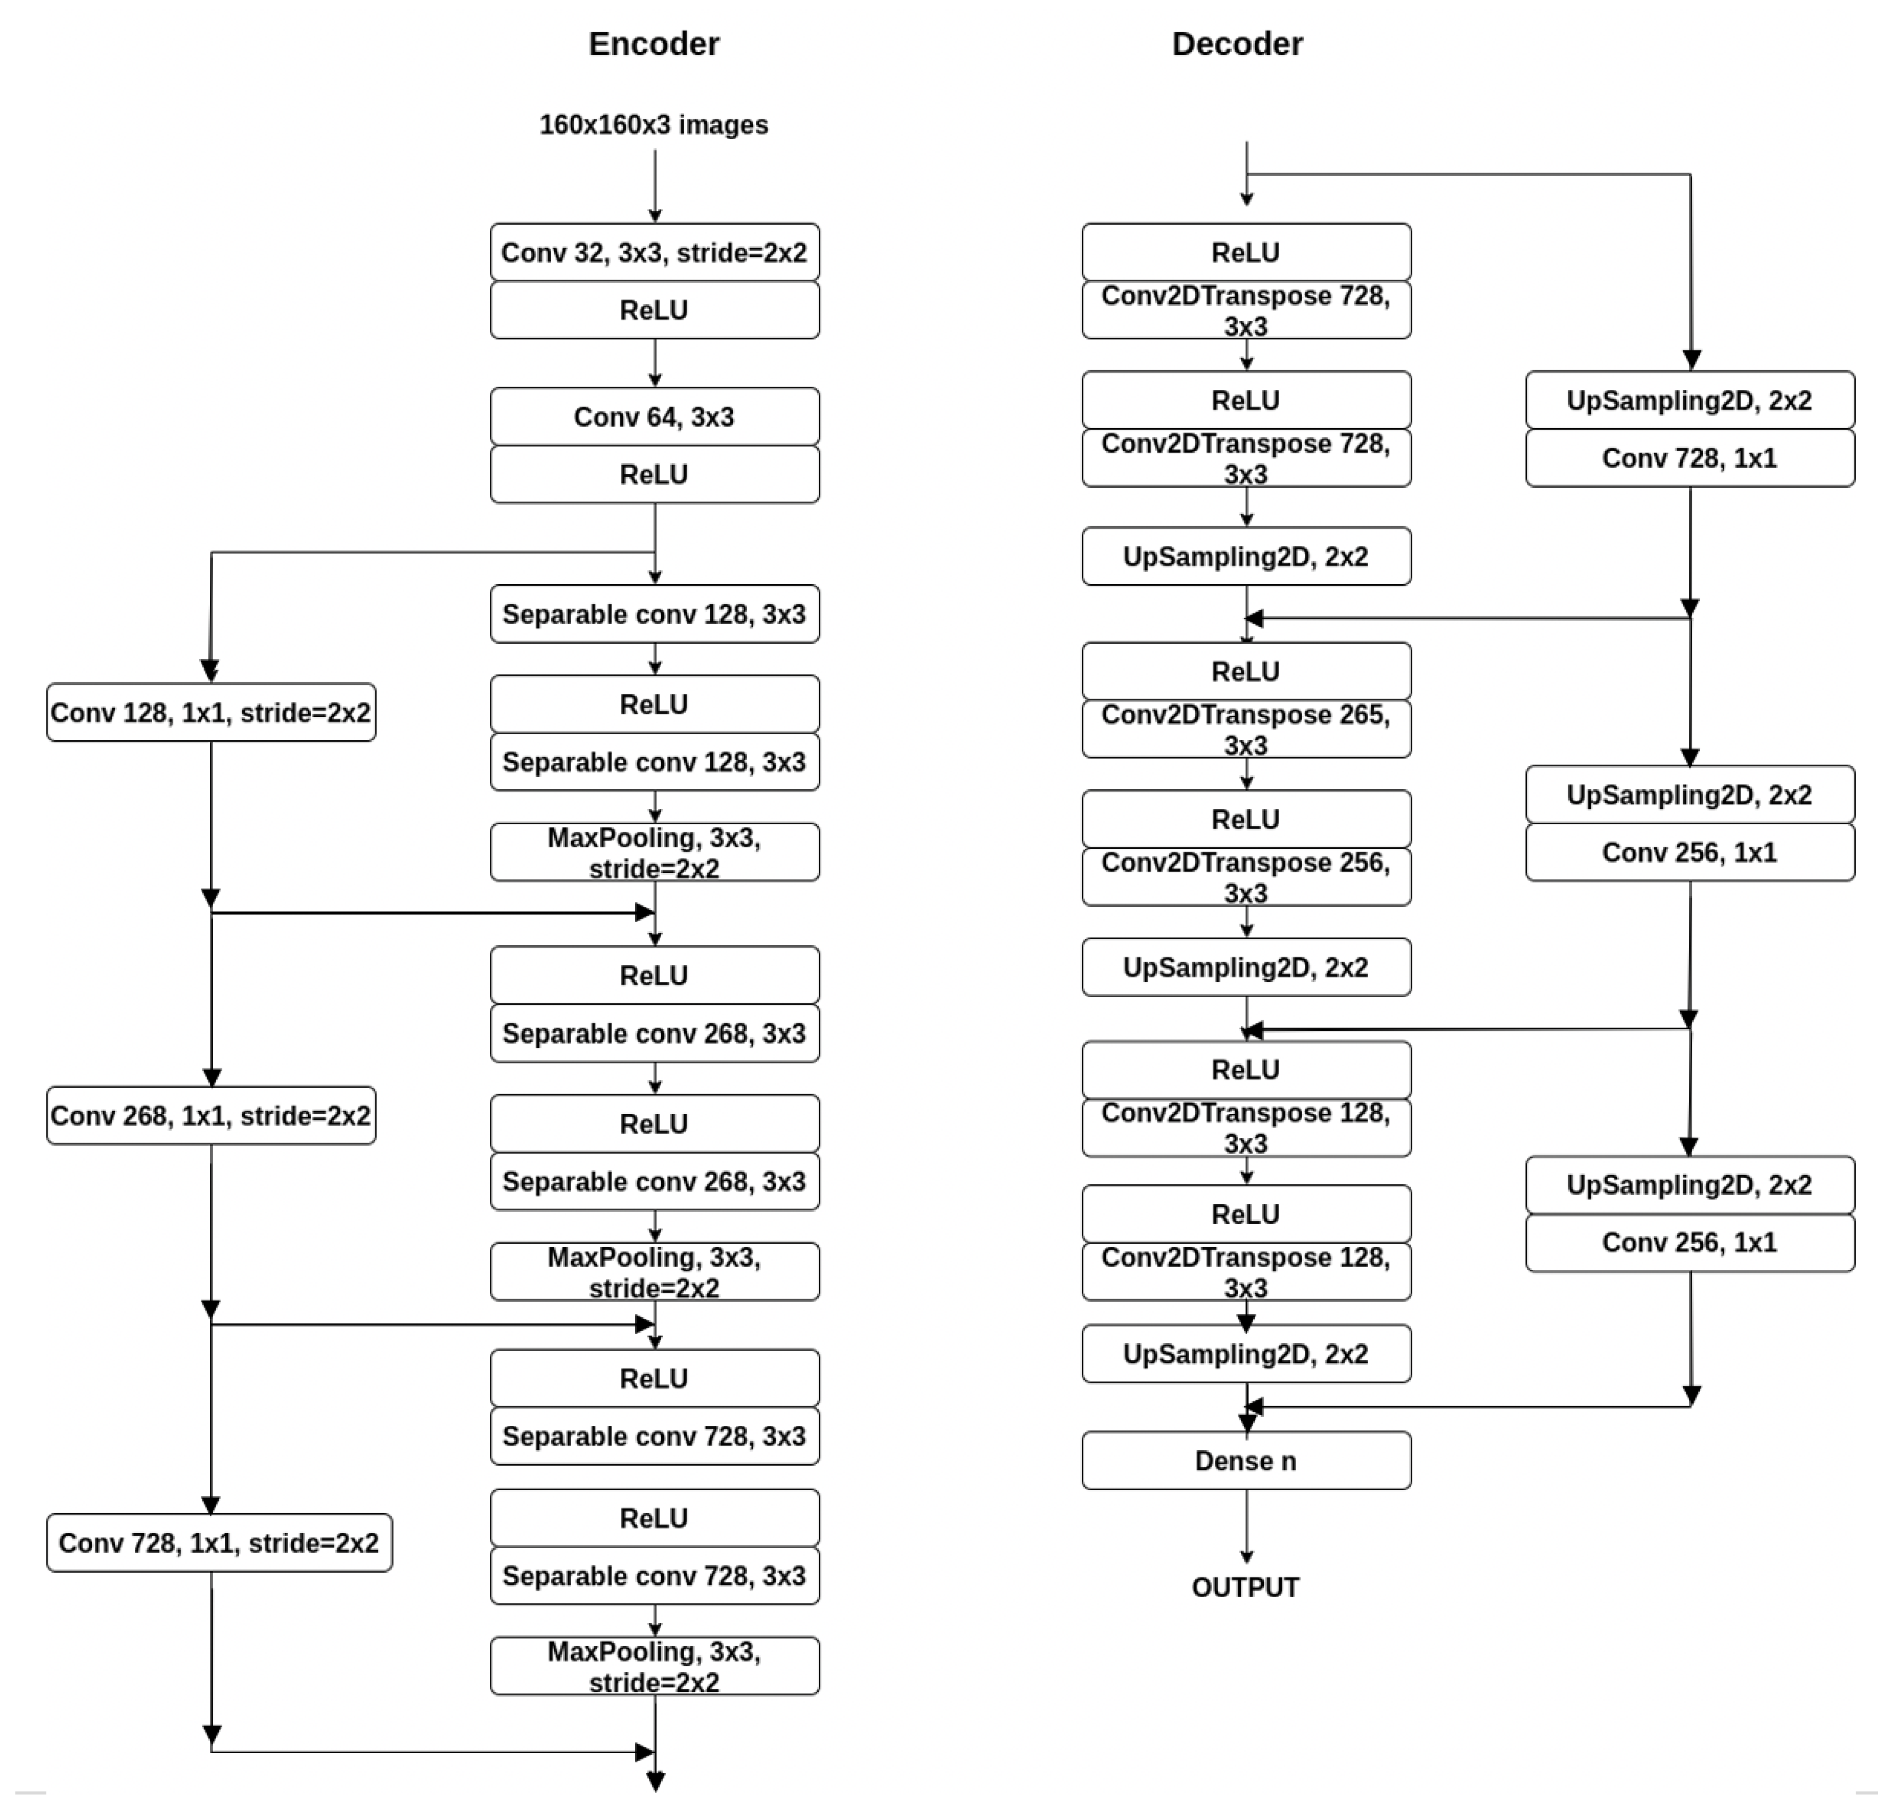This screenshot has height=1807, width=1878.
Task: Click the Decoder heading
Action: tap(1237, 44)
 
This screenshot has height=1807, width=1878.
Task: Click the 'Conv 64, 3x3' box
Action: tap(654, 417)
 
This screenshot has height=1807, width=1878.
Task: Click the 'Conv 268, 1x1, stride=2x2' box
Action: tap(211, 1115)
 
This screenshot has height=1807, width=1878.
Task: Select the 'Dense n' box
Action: tap(1246, 1460)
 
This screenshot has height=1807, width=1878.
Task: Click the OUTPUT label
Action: tap(1246, 1588)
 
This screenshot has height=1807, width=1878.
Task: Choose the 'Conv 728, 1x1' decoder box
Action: tap(1689, 458)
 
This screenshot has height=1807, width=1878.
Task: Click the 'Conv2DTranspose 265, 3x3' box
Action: tap(1246, 729)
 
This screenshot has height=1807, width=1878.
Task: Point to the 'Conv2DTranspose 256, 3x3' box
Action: tap(1246, 877)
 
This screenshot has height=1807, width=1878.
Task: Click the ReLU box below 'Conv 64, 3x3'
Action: tap(654, 474)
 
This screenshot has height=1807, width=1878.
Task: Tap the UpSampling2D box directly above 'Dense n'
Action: tap(1246, 1354)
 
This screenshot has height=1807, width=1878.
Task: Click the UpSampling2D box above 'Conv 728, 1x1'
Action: tap(1689, 400)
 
